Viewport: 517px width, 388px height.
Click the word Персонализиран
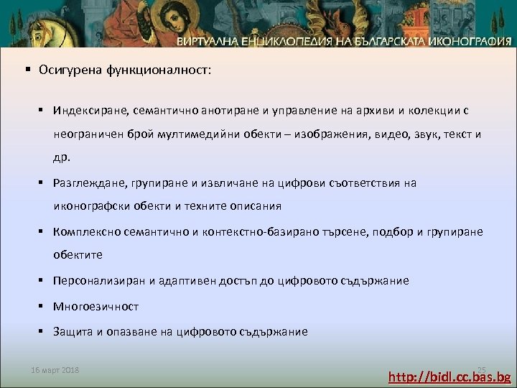coord(98,280)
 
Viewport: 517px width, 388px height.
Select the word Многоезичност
coord(96,306)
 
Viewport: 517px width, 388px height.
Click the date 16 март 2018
coord(55,370)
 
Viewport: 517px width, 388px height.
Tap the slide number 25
coord(482,369)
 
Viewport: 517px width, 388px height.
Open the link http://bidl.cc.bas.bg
coord(450,377)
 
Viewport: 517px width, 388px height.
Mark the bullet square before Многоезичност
coord(43,306)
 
